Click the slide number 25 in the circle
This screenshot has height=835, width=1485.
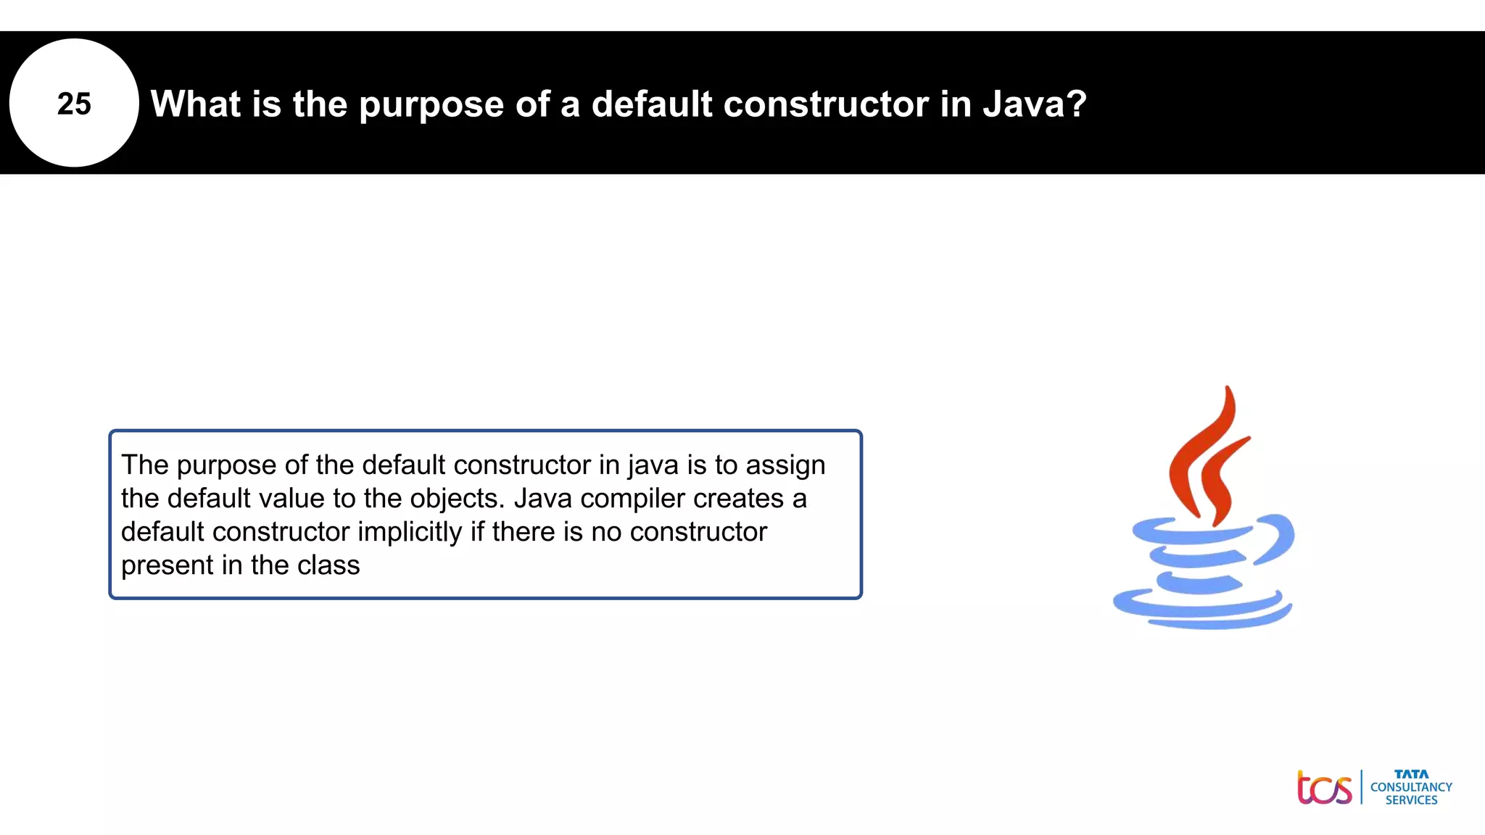(x=74, y=104)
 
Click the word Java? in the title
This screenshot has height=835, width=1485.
(x=1035, y=104)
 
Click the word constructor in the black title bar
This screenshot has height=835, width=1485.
(x=826, y=104)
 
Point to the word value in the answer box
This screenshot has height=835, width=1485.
(x=291, y=499)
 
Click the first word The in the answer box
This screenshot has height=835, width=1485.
(x=144, y=465)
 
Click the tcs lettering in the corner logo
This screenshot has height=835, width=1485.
(x=1324, y=788)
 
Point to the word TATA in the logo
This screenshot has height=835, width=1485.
(x=1411, y=774)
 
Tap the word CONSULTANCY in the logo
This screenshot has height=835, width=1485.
(x=1411, y=787)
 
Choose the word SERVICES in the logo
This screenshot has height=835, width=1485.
(x=1411, y=800)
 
